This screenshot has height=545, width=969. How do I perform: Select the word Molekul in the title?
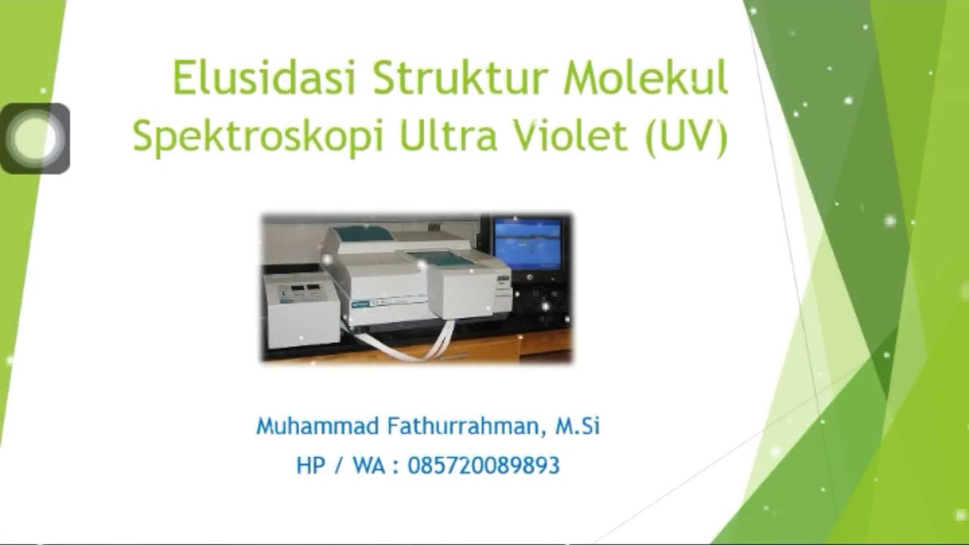(645, 78)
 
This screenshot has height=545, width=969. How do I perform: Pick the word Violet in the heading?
(569, 135)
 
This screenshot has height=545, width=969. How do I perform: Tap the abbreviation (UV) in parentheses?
(687, 137)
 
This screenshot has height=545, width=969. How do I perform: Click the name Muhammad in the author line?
(316, 426)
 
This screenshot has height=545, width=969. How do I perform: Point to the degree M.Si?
(578, 426)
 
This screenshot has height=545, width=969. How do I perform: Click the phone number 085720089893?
(483, 465)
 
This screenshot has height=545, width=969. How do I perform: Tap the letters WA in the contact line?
(368, 465)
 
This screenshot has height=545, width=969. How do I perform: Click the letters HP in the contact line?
(310, 465)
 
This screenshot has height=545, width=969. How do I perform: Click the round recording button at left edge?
(34, 139)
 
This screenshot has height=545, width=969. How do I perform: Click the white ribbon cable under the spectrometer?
(409, 344)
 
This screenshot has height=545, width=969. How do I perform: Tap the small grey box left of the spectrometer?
(301, 310)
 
